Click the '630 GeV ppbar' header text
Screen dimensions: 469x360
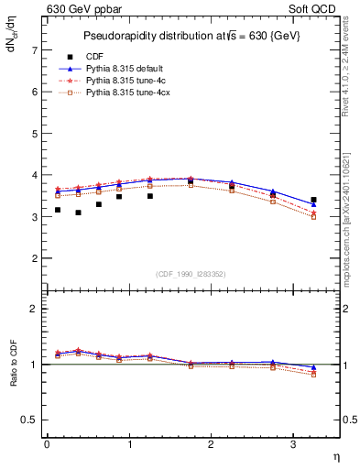(x=84, y=9)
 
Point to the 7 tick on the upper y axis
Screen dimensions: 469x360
(x=35, y=50)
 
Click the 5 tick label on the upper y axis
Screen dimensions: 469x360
(x=35, y=134)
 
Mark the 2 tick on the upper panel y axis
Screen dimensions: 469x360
(x=35, y=258)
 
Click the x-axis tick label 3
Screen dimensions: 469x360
(x=293, y=444)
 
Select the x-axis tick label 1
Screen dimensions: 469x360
(x=129, y=444)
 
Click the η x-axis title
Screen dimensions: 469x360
(x=334, y=455)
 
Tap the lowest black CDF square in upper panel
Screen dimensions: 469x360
(x=79, y=213)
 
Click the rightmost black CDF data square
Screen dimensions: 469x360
(x=314, y=200)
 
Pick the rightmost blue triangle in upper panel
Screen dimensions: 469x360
(x=314, y=204)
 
